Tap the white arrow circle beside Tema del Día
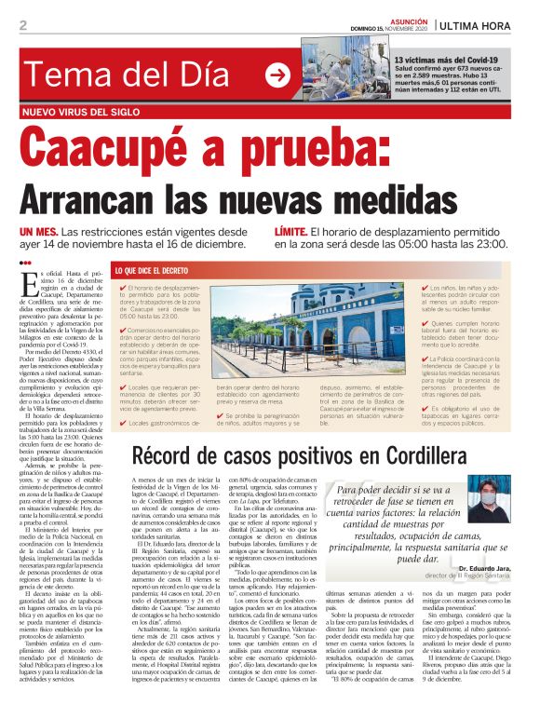277,74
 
